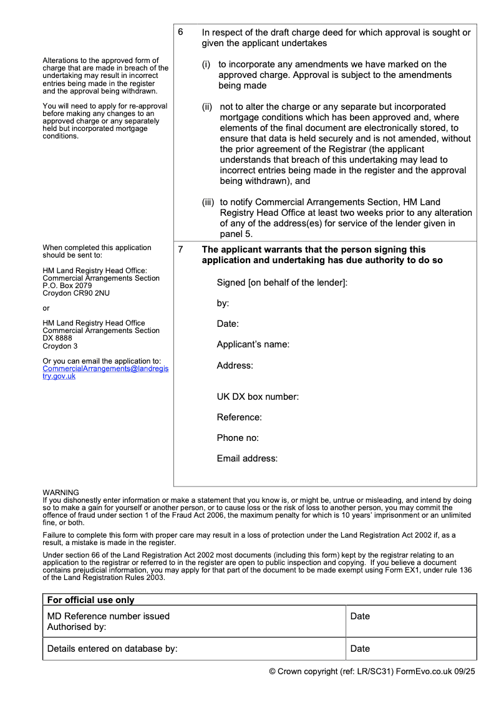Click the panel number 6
point(180,32)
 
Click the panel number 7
point(180,249)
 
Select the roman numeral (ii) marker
point(207,107)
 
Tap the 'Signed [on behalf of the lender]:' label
point(282,283)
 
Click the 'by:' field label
point(223,303)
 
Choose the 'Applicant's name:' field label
point(253,344)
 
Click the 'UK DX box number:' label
point(258,397)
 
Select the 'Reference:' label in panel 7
point(239,417)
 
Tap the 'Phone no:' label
point(238,438)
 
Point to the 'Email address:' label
point(247,458)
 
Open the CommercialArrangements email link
point(105,372)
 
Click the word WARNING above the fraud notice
point(61,493)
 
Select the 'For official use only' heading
point(90,600)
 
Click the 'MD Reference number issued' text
point(109,616)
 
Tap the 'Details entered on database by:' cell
point(112,649)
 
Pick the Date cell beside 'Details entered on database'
point(360,649)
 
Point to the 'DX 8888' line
point(57,338)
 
